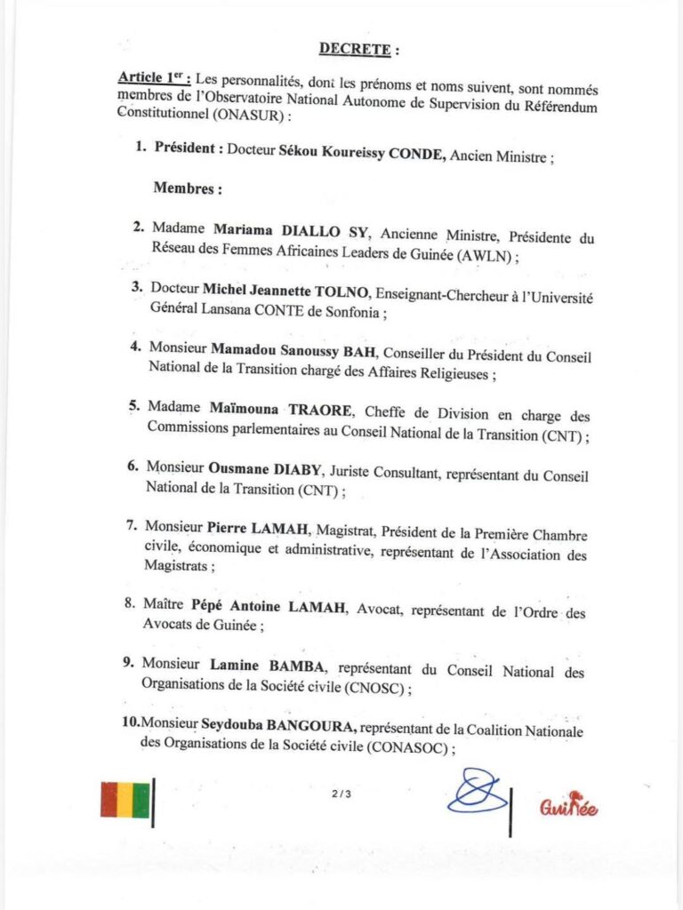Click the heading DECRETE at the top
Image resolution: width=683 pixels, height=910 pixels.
coord(353,49)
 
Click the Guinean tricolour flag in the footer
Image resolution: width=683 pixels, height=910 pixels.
coord(125,799)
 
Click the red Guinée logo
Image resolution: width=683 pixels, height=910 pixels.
coord(568,805)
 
